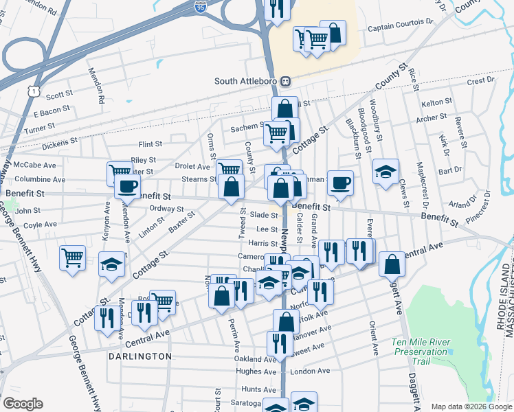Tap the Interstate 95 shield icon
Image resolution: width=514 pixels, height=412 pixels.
pyautogui.click(x=200, y=8)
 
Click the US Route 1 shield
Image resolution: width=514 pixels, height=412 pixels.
pyautogui.click(x=33, y=90)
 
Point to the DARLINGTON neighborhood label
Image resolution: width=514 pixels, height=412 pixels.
pyautogui.click(x=139, y=356)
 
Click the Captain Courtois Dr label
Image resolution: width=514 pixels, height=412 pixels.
pyautogui.click(x=401, y=29)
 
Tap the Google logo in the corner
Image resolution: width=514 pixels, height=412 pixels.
pyautogui.click(x=23, y=404)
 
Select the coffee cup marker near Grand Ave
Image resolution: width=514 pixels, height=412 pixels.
pyautogui.click(x=340, y=183)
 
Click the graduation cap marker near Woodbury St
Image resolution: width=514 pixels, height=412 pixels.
pyautogui.click(x=386, y=171)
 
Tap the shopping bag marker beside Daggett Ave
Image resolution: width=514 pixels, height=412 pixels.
pyautogui.click(x=392, y=264)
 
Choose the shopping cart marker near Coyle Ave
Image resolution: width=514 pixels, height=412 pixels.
pyautogui.click(x=72, y=257)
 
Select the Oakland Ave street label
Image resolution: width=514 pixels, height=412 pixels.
pyautogui.click(x=254, y=358)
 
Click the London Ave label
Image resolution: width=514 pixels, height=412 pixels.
pyautogui.click(x=311, y=371)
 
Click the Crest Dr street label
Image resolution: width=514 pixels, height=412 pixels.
pyautogui.click(x=480, y=81)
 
